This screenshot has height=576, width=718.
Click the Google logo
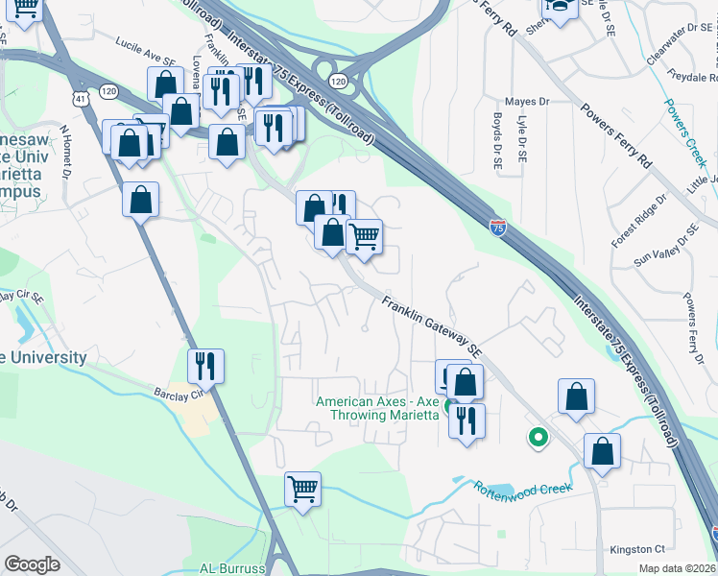[33, 564]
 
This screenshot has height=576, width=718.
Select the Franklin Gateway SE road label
[431, 327]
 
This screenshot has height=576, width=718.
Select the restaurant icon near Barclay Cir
[205, 365]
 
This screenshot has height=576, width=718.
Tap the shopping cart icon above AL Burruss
[302, 489]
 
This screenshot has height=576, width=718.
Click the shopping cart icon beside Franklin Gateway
[364, 235]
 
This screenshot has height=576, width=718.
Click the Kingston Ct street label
[637, 549]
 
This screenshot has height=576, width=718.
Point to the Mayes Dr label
[527, 101]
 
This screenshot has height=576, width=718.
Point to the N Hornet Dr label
[66, 152]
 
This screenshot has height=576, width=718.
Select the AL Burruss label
[231, 567]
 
